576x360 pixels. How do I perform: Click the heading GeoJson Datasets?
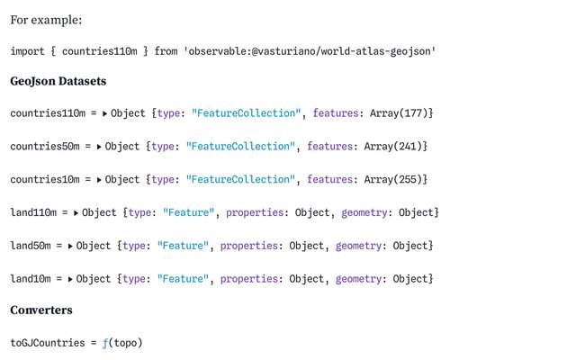click(58, 81)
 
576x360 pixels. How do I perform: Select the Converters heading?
click(41, 310)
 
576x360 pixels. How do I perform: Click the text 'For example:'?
click(46, 20)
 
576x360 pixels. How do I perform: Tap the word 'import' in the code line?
click(27, 51)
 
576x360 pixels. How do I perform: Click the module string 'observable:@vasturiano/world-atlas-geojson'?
click(310, 51)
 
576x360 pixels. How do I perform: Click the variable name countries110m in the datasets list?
click(48, 113)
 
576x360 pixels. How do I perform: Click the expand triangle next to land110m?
click(76, 213)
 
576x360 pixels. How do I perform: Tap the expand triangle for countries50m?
click(99, 147)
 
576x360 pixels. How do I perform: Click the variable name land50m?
click(31, 246)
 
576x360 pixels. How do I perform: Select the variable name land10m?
click(31, 278)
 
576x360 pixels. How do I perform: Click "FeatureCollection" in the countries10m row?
click(240, 179)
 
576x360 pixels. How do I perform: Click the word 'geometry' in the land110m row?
click(364, 212)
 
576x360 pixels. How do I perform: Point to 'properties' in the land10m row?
click(249, 279)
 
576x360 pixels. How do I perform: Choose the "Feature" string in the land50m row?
click(183, 246)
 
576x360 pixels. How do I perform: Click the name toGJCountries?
click(48, 343)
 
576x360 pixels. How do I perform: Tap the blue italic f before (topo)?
click(105, 343)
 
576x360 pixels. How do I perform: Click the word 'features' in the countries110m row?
click(336, 113)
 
